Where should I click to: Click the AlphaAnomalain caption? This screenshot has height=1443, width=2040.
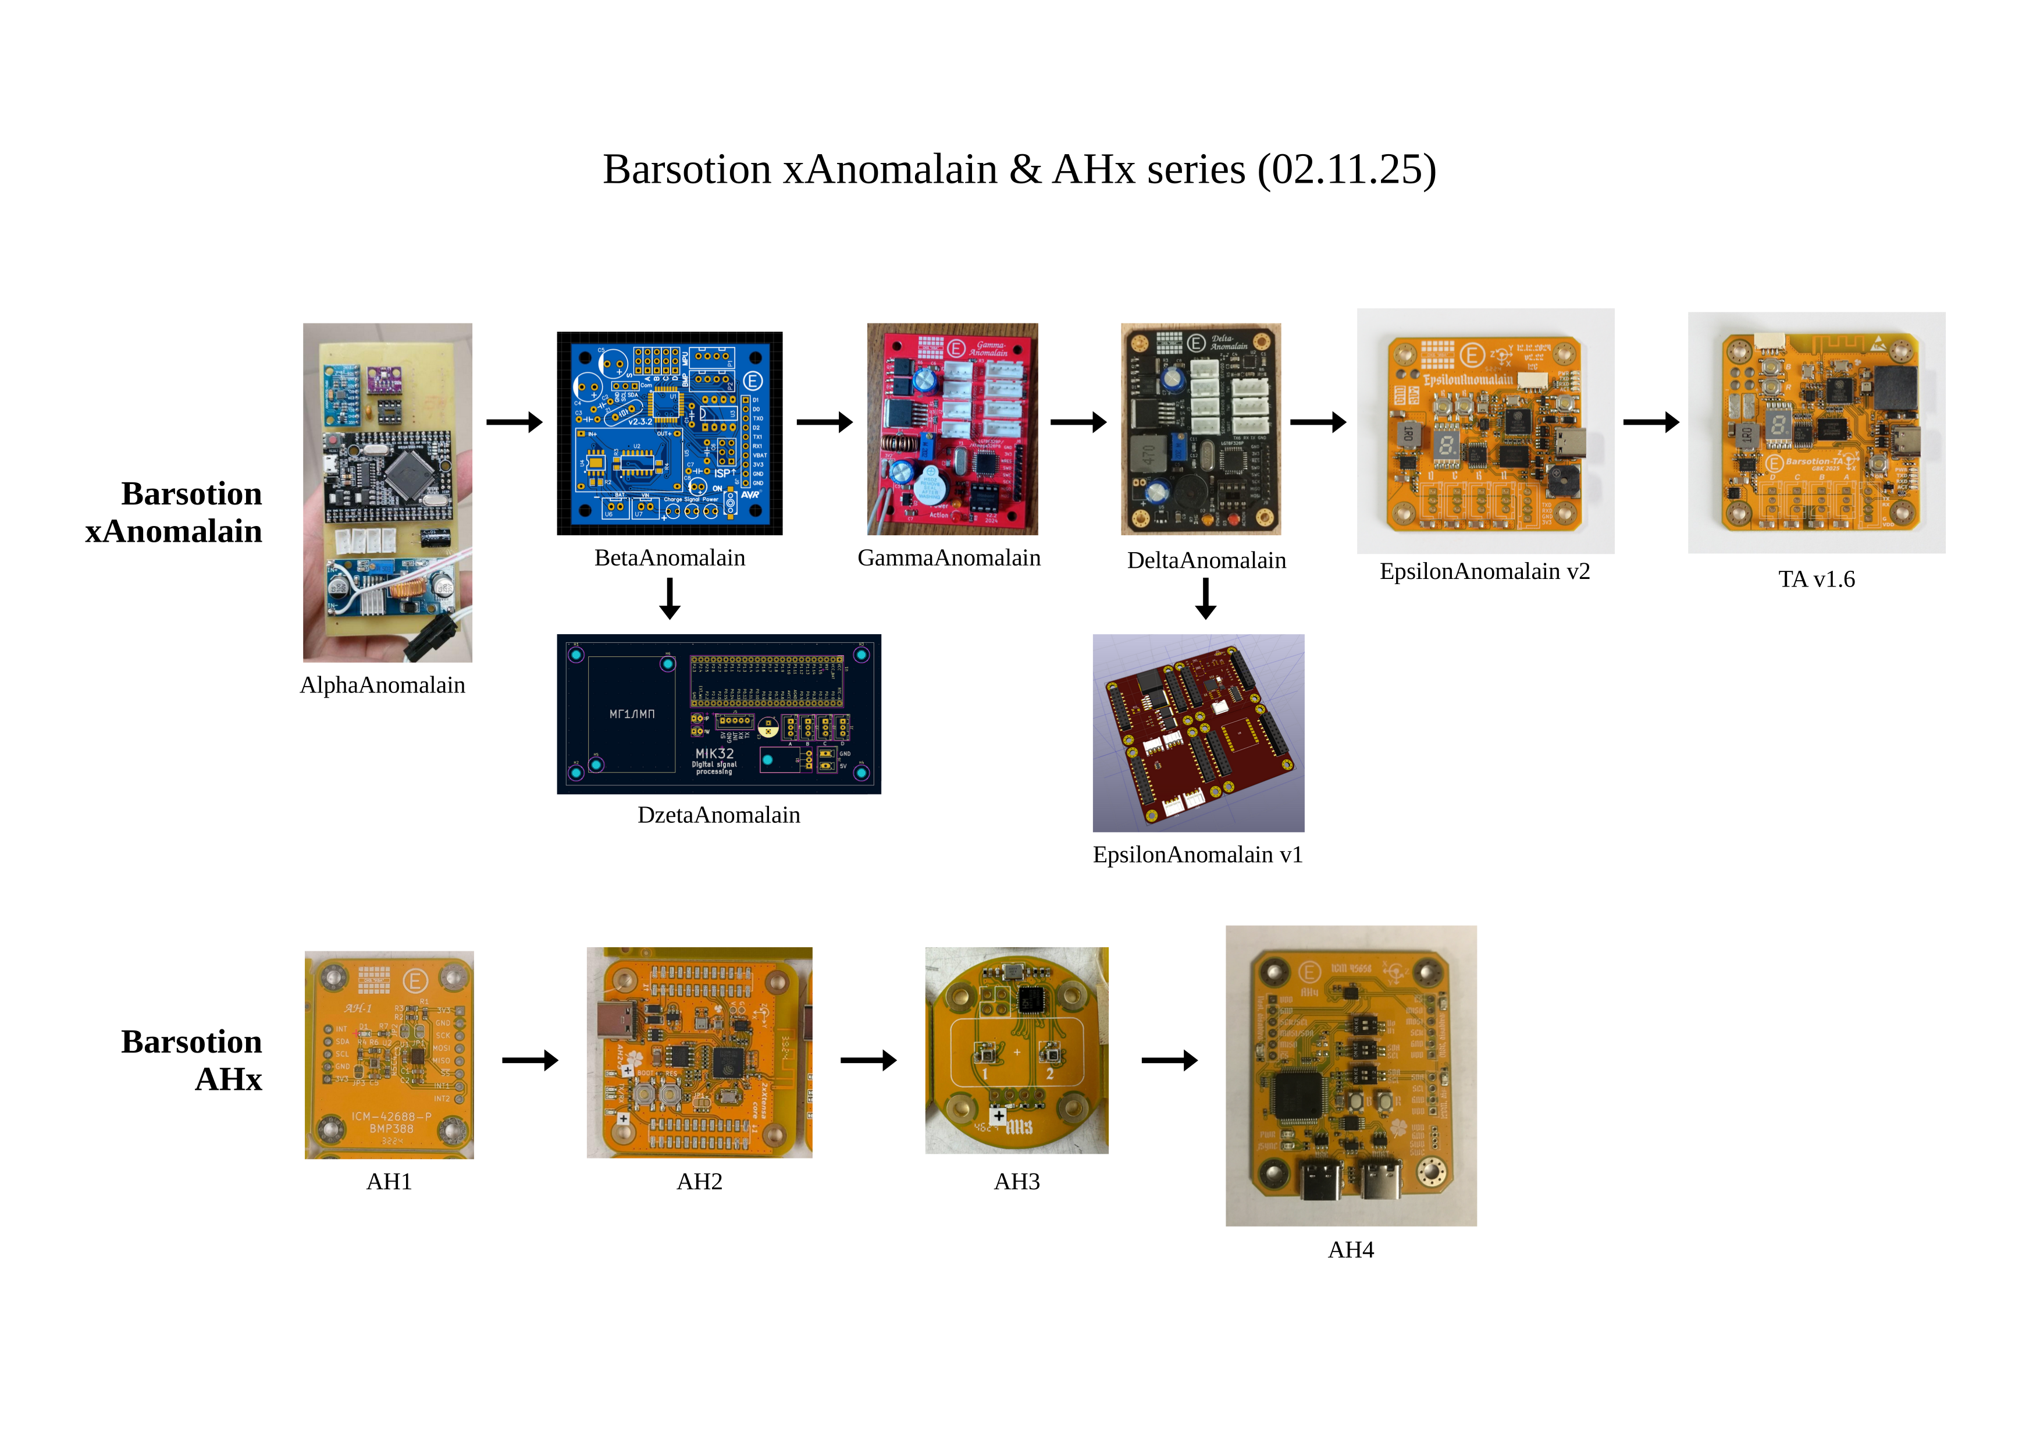pyautogui.click(x=382, y=685)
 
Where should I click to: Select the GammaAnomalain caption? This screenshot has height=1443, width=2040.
pyautogui.click(x=948, y=558)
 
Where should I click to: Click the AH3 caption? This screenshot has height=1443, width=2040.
pyautogui.click(x=1016, y=1182)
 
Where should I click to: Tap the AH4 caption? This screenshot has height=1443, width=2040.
pyautogui.click(x=1351, y=1250)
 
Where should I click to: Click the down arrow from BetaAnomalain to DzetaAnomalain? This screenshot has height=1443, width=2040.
pyautogui.click(x=670, y=598)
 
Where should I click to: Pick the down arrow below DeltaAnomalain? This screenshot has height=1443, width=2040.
pyautogui.click(x=1206, y=598)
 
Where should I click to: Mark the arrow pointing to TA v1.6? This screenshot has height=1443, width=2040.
pyautogui.click(x=1651, y=422)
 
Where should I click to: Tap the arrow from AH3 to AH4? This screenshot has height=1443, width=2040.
pyautogui.click(x=1169, y=1060)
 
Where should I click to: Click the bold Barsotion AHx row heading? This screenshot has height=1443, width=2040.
pyautogui.click(x=192, y=1060)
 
